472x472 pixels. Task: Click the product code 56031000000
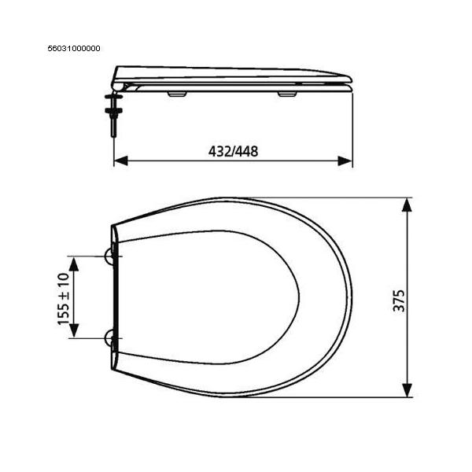(x=74, y=49)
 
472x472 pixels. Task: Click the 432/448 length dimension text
(x=234, y=151)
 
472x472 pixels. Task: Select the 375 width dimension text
(x=399, y=301)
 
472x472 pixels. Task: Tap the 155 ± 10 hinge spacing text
(x=64, y=299)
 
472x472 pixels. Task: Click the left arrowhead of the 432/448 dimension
(x=121, y=160)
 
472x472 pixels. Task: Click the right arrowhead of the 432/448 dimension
(x=345, y=160)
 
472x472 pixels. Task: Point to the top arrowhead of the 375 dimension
(x=407, y=205)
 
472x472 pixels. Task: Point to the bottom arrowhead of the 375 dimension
(x=407, y=390)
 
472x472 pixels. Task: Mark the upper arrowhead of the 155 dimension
(x=74, y=264)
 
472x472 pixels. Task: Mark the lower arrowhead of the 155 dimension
(x=74, y=330)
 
